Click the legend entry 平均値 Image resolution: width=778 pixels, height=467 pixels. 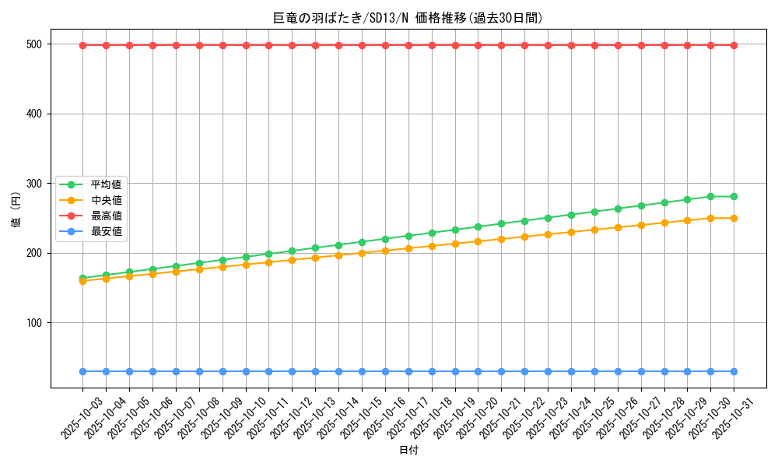pos(106,184)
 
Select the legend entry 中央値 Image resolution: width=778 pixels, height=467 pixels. pos(106,200)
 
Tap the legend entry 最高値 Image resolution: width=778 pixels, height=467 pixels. pos(106,216)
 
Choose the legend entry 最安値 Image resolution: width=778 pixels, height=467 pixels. pos(106,231)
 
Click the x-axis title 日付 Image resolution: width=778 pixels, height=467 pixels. pos(408,451)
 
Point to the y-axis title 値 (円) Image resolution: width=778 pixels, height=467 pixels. pos(16,211)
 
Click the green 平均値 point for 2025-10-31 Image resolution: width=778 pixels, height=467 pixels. pos(734,196)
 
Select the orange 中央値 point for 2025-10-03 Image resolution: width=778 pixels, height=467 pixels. pos(82,281)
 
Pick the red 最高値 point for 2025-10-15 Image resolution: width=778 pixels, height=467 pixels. pos(362,45)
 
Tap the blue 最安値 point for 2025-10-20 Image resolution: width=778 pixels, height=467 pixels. pos(478,371)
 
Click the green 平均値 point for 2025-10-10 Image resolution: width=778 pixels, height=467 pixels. pos(246,257)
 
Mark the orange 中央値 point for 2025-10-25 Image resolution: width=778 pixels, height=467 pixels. pos(594,230)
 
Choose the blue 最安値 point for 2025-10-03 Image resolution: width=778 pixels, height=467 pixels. pos(82,371)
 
